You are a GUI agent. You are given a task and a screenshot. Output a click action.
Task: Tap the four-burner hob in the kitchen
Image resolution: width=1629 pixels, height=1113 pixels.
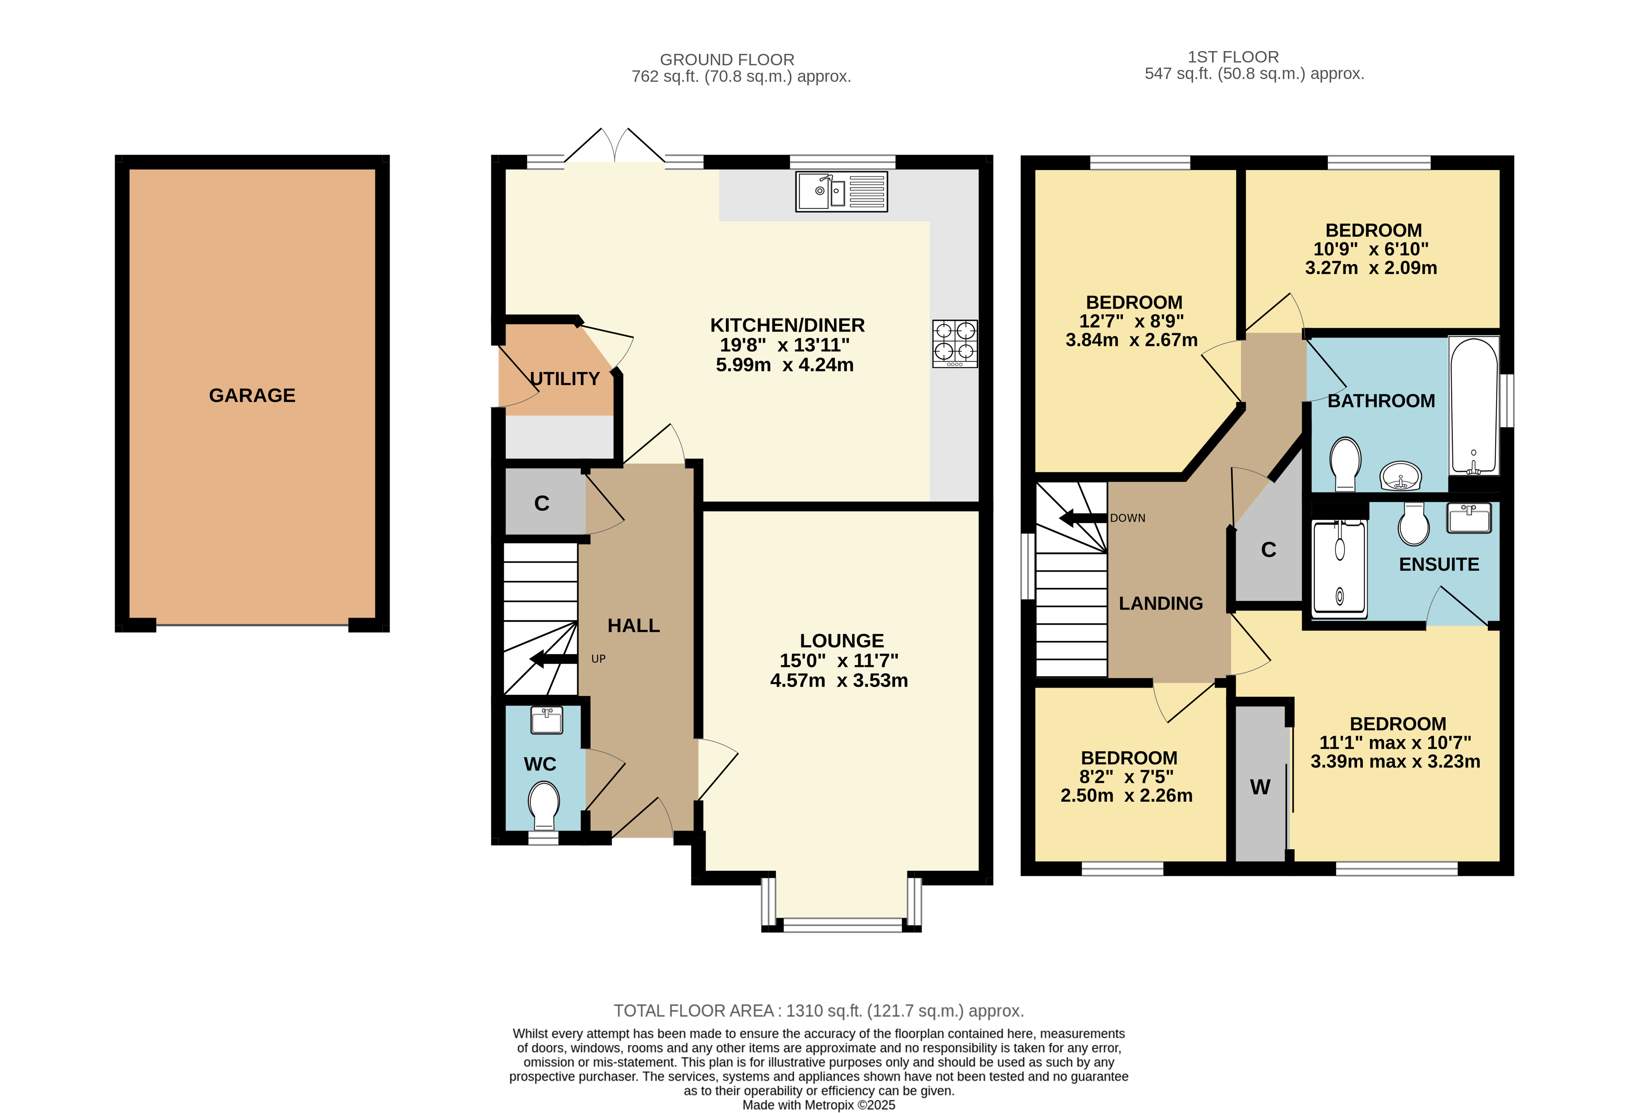tap(955, 344)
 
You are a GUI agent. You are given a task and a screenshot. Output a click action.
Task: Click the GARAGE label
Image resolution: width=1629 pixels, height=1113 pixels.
tap(252, 395)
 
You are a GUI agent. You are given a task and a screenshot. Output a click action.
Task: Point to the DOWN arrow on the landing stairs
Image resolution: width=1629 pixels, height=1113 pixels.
tap(1083, 519)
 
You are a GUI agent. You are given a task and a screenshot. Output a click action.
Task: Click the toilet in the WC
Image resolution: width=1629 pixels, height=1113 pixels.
tap(544, 806)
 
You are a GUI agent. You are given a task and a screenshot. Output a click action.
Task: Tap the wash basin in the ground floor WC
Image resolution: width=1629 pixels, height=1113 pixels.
tap(547, 720)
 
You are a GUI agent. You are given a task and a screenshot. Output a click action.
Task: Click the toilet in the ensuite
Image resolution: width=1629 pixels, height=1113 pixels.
tap(1414, 524)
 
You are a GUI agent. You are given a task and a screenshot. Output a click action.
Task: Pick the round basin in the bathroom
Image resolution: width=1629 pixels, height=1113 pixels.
tap(1400, 476)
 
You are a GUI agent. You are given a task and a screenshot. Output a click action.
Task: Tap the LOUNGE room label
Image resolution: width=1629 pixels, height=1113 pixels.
tap(842, 640)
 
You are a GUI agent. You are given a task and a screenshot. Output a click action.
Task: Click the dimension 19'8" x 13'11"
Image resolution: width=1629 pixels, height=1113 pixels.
tap(785, 345)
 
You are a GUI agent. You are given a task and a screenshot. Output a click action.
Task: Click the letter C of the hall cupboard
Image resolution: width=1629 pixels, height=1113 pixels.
tap(542, 503)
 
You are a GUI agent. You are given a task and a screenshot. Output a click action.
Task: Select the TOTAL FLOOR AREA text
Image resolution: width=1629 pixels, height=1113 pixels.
tap(819, 1011)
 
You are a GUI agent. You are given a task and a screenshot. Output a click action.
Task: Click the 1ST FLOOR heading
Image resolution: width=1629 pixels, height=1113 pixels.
tap(1233, 57)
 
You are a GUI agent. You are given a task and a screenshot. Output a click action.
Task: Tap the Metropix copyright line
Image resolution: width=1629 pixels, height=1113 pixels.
tap(819, 1105)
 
